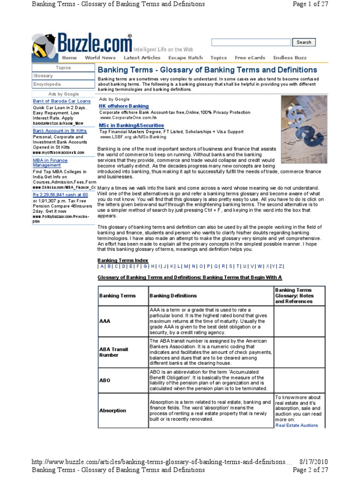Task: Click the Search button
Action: [x=304, y=42]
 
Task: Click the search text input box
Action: [x=251, y=43]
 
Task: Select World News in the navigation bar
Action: [x=100, y=58]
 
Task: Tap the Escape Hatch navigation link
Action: [x=185, y=58]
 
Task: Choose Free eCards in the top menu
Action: [x=250, y=58]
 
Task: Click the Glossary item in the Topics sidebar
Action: [x=43, y=76]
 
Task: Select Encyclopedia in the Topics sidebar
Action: [x=47, y=84]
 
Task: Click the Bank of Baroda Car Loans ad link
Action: [x=62, y=101]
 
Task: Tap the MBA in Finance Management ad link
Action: [x=50, y=163]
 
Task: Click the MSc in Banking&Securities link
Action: [x=132, y=126]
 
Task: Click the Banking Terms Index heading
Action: [x=123, y=260]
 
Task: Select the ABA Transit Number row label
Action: [x=113, y=352]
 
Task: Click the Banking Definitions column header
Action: [x=173, y=296]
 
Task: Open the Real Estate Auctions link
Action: [x=296, y=425]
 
